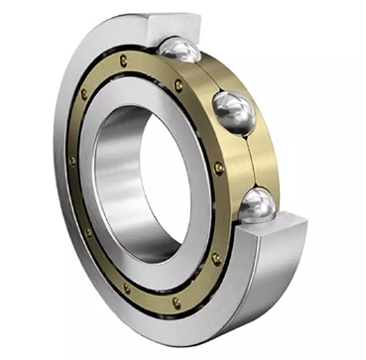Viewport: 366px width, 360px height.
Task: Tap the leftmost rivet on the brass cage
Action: (72, 160)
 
